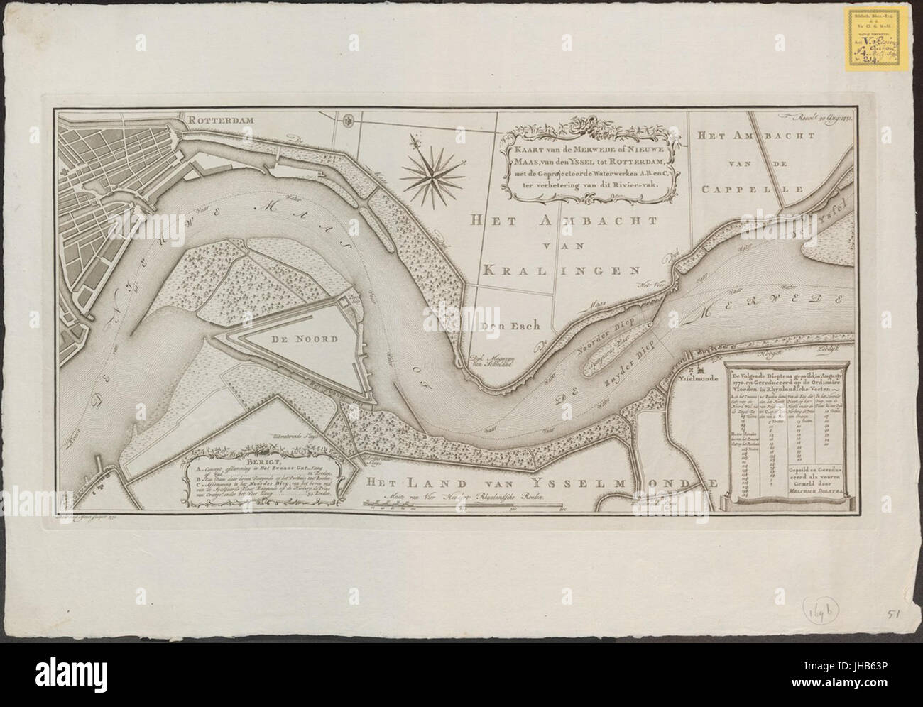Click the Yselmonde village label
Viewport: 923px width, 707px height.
[x=710, y=379]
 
